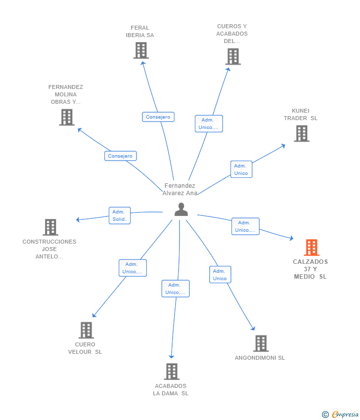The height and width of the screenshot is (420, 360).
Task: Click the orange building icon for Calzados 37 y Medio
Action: [312, 248]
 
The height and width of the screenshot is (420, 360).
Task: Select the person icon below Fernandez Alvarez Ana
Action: [181, 210]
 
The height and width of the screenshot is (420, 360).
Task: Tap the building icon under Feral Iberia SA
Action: [141, 50]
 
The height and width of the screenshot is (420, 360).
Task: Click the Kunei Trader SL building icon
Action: [302, 134]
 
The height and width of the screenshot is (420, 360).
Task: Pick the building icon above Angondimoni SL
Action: [261, 343]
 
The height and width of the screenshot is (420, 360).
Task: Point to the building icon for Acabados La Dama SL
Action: [172, 372]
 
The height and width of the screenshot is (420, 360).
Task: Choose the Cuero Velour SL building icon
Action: [87, 330]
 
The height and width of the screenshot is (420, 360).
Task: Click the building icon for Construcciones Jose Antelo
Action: [50, 227]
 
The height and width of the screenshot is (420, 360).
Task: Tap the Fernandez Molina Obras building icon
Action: [67, 117]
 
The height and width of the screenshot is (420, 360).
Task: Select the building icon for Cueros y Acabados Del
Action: [233, 56]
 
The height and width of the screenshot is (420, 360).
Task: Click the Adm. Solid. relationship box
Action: [120, 215]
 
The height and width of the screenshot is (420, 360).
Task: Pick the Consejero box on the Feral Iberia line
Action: [158, 117]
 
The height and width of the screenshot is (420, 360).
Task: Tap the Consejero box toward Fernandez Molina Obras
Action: [120, 156]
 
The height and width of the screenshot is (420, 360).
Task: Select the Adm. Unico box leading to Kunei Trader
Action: [241, 169]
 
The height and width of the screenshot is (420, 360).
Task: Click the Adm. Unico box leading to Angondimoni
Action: [220, 275]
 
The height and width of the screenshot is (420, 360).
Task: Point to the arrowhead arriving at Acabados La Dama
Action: [172, 357]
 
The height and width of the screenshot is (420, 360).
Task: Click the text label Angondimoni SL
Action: [260, 358]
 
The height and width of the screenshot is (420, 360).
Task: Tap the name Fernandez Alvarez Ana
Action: [180, 189]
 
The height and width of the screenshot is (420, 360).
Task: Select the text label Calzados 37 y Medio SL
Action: [311, 269]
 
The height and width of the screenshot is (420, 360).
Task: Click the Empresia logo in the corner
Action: [340, 415]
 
